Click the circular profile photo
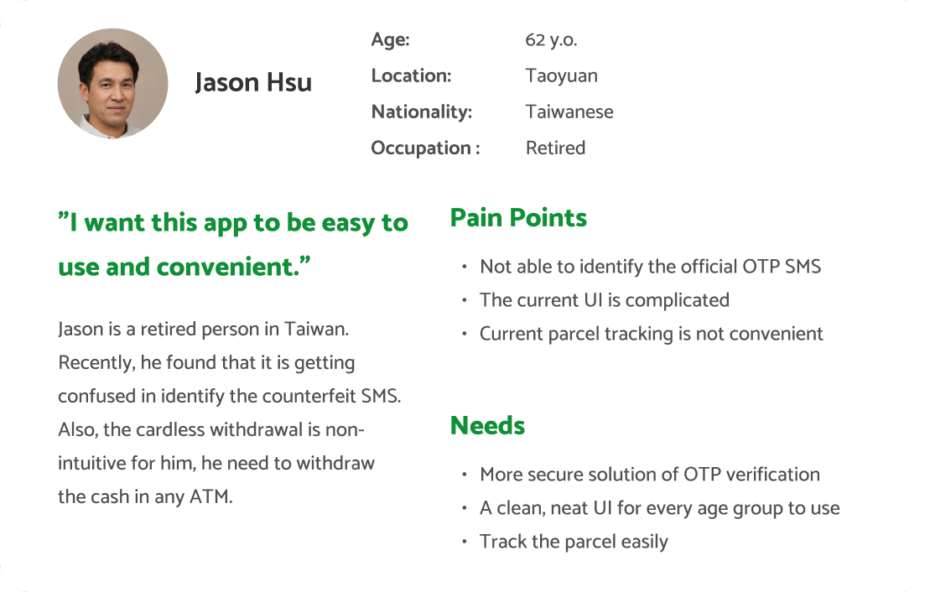pos(112,83)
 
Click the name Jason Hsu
pos(253,82)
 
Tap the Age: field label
pos(390,39)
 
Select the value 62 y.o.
pos(551,39)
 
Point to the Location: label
pos(411,76)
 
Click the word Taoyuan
pos(561,76)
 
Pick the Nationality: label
pos(422,112)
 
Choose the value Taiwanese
pos(569,112)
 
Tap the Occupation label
pos(425,148)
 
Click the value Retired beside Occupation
pos(555,148)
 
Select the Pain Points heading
pos(518,218)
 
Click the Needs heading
pos(487,425)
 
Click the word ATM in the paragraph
pos(210,496)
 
